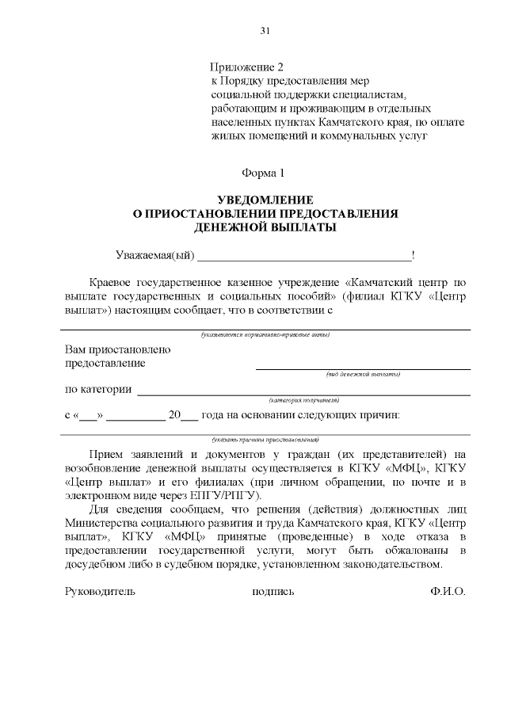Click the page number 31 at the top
265,31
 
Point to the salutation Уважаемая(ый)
154,255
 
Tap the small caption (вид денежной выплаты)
363,374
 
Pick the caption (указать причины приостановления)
265,439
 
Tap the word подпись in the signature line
273,592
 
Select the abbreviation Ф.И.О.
447,592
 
